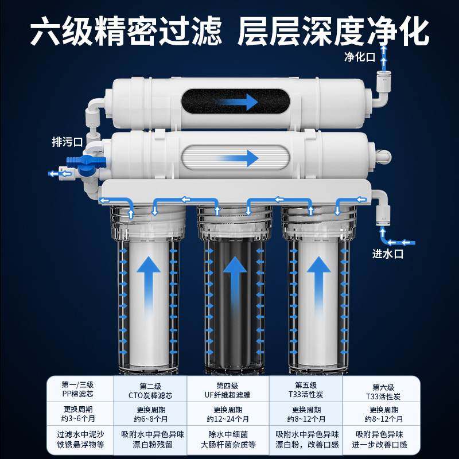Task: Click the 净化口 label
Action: click(359, 57)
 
